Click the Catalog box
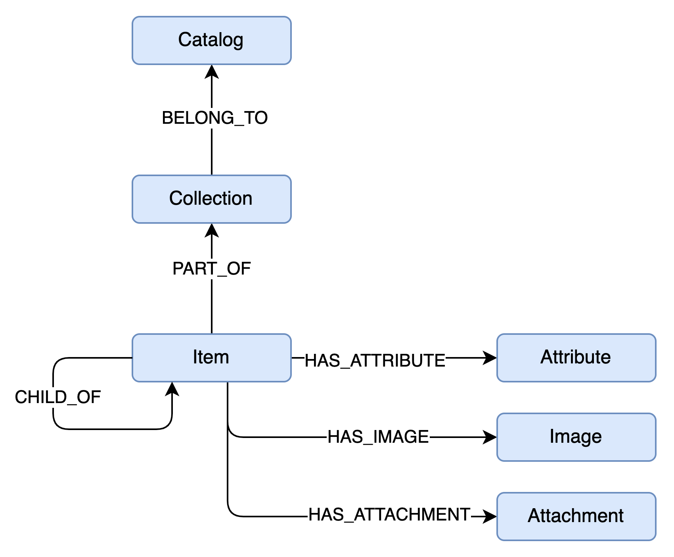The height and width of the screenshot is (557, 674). click(212, 40)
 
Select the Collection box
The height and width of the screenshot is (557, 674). click(212, 199)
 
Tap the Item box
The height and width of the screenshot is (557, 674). click(212, 358)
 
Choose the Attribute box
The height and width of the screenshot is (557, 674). click(576, 358)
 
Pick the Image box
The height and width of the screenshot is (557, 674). click(576, 437)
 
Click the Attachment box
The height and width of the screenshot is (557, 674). click(576, 517)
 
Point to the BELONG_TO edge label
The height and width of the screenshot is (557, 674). click(215, 118)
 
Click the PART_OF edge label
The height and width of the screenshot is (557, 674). click(212, 269)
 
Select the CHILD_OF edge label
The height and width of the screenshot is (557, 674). click(58, 397)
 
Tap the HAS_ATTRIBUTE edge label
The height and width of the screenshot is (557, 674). click(375, 361)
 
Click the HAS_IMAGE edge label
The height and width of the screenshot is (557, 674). click(378, 437)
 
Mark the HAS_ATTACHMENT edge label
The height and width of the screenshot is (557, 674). click(389, 515)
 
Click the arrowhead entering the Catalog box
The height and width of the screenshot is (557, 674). click(212, 71)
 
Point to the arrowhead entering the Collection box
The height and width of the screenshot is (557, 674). click(212, 230)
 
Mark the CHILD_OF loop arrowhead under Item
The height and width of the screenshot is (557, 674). click(172, 389)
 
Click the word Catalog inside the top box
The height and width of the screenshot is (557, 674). click(211, 40)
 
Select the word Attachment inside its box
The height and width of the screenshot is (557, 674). click(576, 516)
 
